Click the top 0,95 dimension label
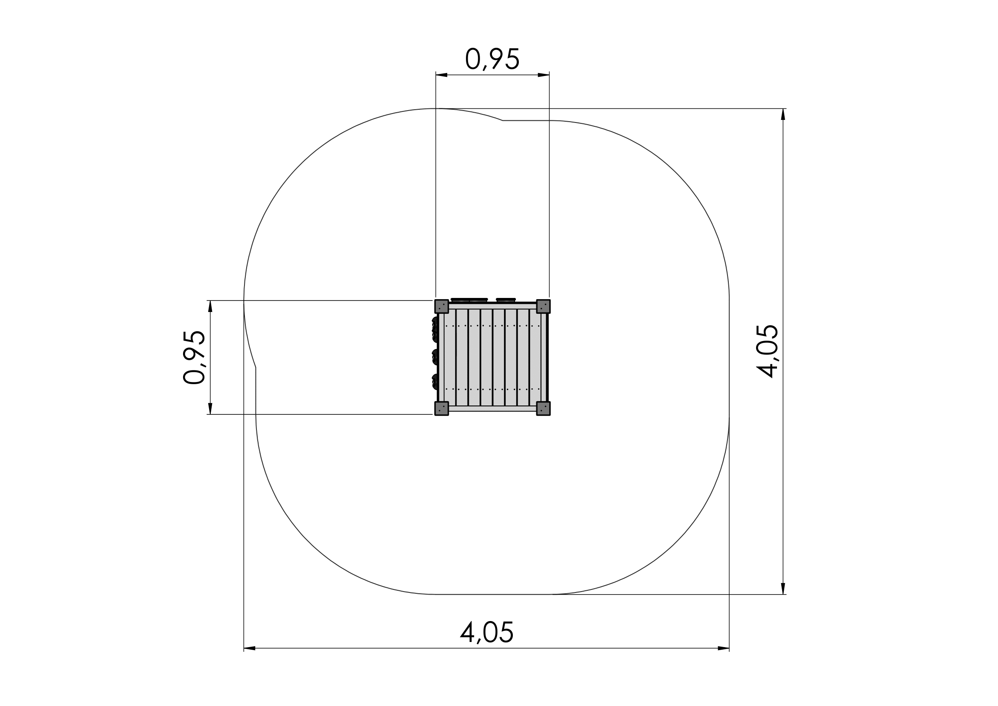tap(492, 59)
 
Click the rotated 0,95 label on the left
tap(194, 357)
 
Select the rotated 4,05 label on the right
tap(767, 351)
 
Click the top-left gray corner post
tap(442, 306)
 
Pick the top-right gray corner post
tap(543, 306)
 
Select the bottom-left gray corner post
tap(442, 408)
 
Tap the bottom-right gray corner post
tap(543, 408)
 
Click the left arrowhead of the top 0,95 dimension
tap(442, 75)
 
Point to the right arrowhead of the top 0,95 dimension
tap(543, 75)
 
